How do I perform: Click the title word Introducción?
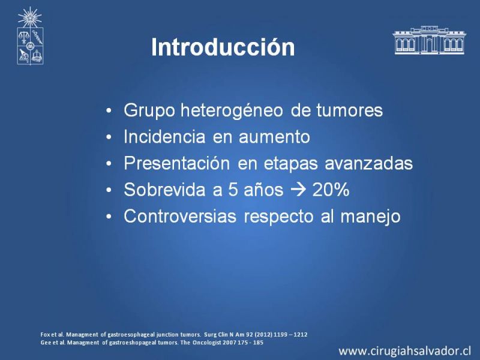click(x=223, y=47)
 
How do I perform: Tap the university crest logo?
click(x=30, y=36)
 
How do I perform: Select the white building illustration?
click(x=429, y=40)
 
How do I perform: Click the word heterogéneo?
click(x=232, y=110)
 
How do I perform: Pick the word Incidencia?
click(x=164, y=137)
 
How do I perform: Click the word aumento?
click(x=274, y=137)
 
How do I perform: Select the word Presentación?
click(x=176, y=163)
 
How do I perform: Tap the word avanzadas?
click(x=368, y=163)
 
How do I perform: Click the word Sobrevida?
click(x=164, y=190)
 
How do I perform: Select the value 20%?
click(x=331, y=190)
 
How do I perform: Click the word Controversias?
click(x=180, y=216)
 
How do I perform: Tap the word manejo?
click(x=370, y=217)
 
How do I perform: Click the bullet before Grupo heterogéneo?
click(x=109, y=110)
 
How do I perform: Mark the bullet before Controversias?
click(x=109, y=217)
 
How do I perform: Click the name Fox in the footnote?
click(x=44, y=335)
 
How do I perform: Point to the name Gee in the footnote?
click(x=46, y=343)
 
